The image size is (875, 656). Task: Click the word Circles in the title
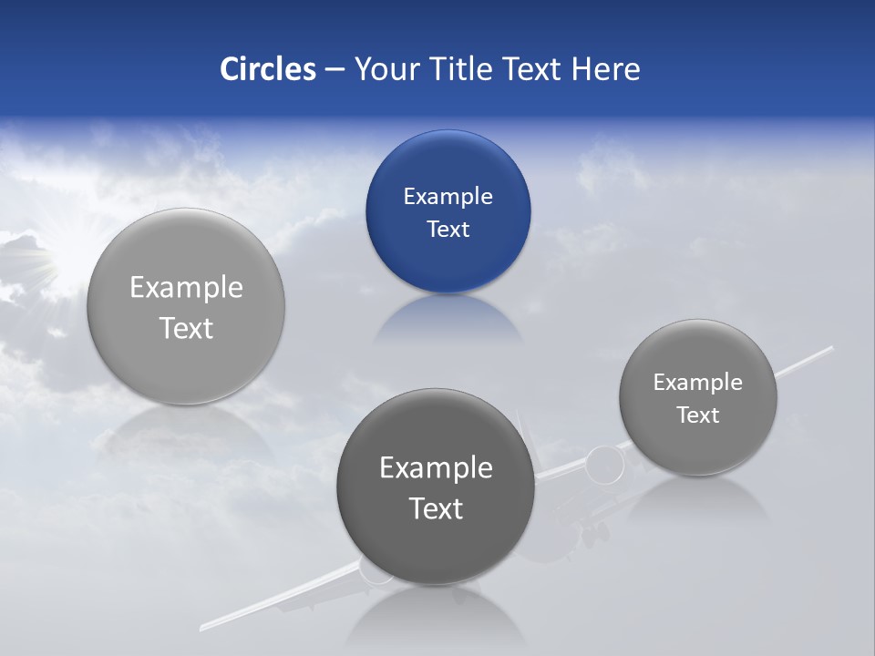tap(268, 69)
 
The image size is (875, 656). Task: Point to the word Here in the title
tap(605, 69)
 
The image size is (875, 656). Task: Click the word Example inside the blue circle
tap(448, 196)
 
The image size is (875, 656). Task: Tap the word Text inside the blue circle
tap(448, 230)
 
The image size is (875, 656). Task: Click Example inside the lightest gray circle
tap(186, 288)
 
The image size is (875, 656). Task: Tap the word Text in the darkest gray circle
tap(436, 508)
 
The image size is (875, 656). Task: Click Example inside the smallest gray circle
tap(698, 383)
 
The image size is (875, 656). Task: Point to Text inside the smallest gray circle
tap(698, 415)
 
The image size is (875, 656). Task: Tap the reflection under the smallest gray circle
tap(698, 497)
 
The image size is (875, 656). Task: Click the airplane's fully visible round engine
tap(604, 466)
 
